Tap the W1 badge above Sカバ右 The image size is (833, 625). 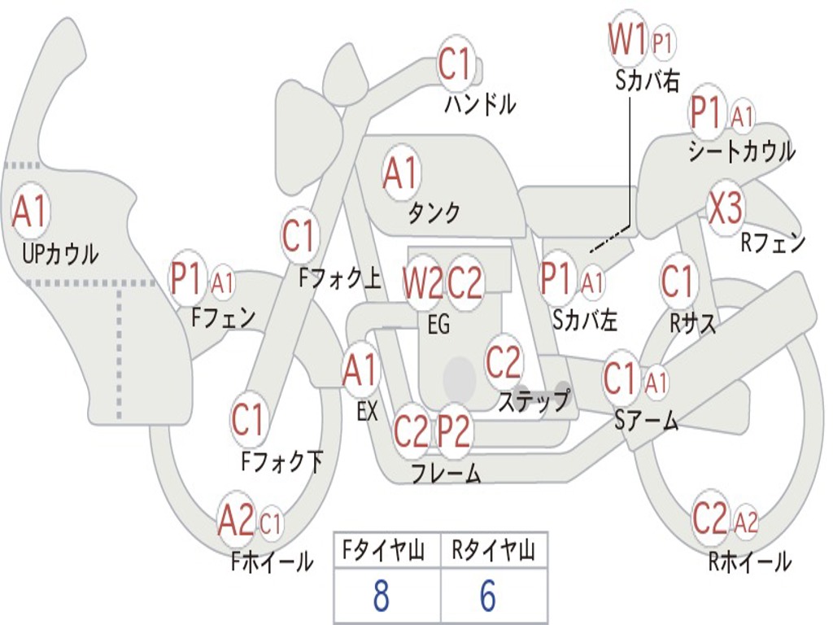pos(628,40)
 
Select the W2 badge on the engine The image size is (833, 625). pos(422,282)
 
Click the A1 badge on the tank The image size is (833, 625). pos(401,173)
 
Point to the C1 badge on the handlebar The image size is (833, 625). pos(456,63)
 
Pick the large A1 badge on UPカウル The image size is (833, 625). pos(31,211)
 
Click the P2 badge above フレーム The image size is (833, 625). pos(454,431)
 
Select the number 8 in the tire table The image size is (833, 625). pos(381,596)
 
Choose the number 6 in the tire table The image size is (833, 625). pos(488,596)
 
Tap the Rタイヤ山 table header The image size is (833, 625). pos(494,550)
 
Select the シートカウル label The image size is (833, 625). pos(742,151)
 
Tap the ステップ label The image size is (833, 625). pos(534,402)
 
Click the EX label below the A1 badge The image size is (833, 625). pos(367,411)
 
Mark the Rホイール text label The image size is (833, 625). pos(750,562)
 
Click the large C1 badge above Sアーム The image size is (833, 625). pos(620,378)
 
